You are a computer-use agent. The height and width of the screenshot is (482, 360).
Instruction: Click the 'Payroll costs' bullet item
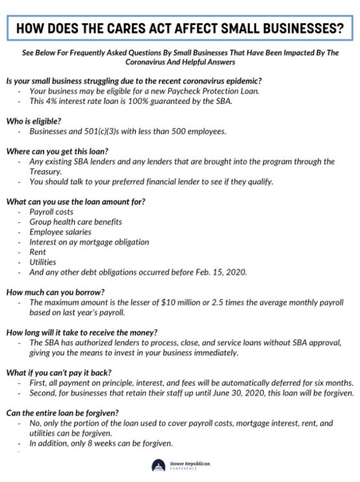[x=51, y=212]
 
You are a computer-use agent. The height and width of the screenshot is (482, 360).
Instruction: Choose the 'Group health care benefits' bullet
[x=75, y=222]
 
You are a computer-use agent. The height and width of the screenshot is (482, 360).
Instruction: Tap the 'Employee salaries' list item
[x=60, y=231]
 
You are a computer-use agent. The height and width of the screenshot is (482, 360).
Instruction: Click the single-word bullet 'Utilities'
[x=42, y=261]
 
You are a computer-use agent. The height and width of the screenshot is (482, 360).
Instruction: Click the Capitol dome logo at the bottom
[x=158, y=466]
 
